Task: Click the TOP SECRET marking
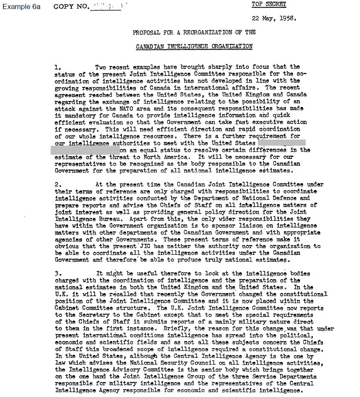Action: point(269,5)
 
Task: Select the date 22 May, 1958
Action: point(274,19)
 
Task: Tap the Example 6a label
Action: point(21,6)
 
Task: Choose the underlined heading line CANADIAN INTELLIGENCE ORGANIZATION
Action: point(194,46)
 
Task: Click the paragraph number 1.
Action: point(59,67)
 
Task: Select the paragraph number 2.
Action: point(59,184)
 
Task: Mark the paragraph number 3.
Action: point(59,274)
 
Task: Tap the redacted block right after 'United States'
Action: point(282,143)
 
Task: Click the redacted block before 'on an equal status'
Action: point(85,150)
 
